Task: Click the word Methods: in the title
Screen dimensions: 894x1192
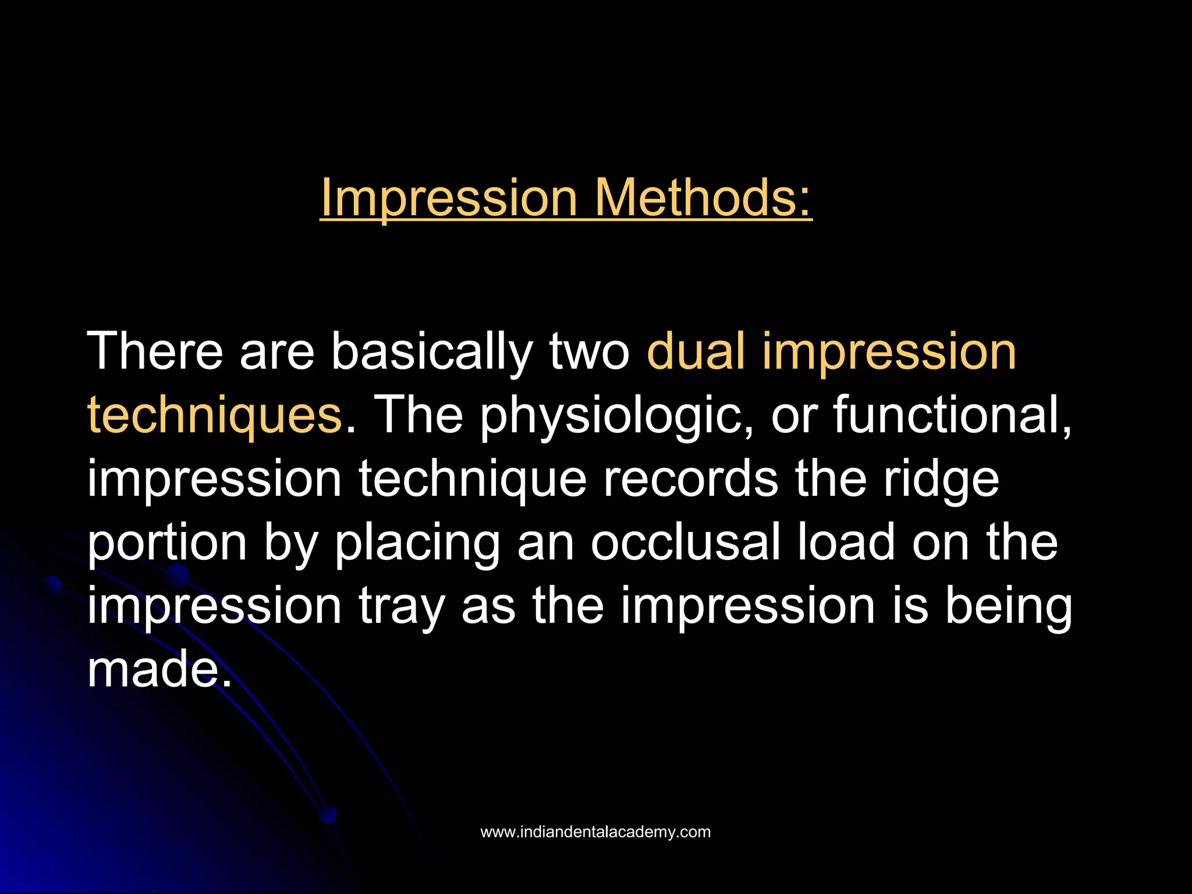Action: [x=703, y=198]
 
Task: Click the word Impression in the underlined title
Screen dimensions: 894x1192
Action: [x=448, y=198]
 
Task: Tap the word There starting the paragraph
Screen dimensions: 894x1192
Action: [x=155, y=351]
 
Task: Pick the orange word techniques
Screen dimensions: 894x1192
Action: [x=214, y=414]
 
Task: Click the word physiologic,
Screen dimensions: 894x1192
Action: [x=617, y=414]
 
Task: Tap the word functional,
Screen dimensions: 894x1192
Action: [x=952, y=414]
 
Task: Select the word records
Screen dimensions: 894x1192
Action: [x=690, y=478]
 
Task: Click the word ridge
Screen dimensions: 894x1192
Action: [x=941, y=478]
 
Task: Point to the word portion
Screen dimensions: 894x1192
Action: [x=167, y=542]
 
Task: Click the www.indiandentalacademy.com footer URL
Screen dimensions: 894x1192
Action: [x=595, y=832]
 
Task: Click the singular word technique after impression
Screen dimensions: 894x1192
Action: [x=472, y=478]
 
